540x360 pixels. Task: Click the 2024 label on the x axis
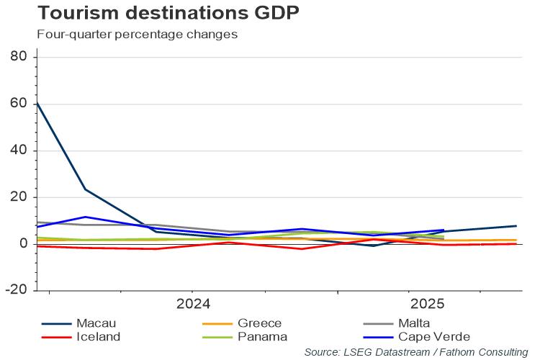[x=193, y=303]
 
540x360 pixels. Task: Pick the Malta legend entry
[x=414, y=323]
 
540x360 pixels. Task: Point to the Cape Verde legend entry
[x=433, y=336]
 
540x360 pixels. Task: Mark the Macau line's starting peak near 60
[x=37, y=103]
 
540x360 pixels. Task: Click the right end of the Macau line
[x=516, y=226]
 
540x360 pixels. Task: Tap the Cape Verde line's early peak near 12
[x=86, y=217]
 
